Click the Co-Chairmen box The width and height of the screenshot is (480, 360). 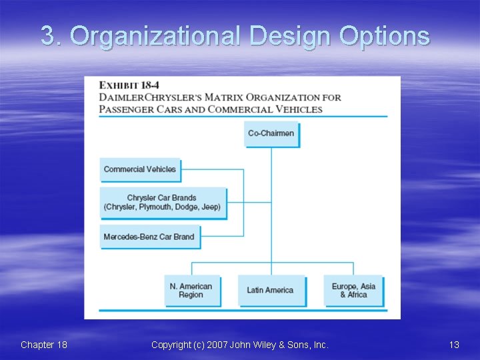271,133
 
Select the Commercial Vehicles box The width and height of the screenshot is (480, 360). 140,169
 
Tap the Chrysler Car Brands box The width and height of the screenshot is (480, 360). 162,203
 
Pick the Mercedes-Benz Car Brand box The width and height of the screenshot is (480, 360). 149,237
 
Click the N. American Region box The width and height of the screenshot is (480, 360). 191,291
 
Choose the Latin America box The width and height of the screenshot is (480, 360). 270,291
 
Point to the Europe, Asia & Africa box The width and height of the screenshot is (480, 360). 353,291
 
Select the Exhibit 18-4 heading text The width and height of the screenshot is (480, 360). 128,85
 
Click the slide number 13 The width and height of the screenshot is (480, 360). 454,345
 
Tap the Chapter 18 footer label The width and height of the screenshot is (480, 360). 44,345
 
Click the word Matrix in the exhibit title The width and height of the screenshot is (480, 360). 228,97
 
